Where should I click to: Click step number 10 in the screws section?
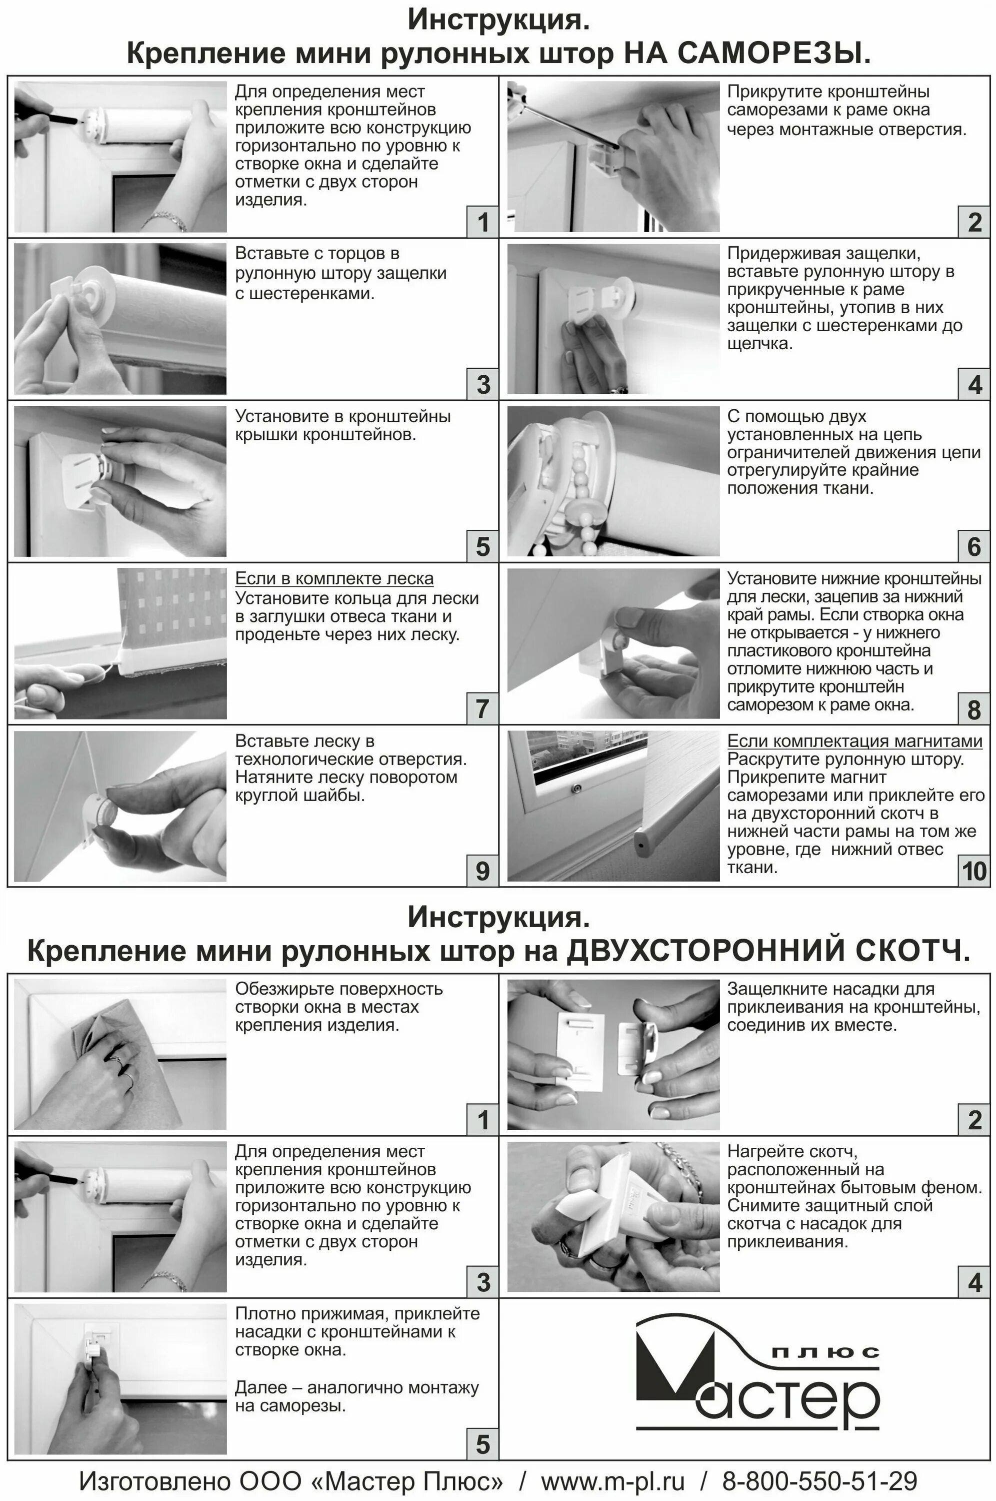(x=974, y=871)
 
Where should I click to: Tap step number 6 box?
(x=974, y=546)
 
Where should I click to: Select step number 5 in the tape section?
(x=483, y=1444)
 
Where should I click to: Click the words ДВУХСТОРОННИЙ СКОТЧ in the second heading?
(x=768, y=951)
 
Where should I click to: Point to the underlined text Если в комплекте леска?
(x=334, y=578)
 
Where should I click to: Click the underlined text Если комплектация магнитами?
(x=854, y=741)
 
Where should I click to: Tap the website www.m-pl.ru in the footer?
(x=612, y=1481)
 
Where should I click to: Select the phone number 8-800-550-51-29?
(x=819, y=1481)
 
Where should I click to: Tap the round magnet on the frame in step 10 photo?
(x=576, y=789)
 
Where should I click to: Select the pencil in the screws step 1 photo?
(x=47, y=115)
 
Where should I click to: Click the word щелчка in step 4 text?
(x=759, y=344)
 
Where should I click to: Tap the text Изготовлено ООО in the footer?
(x=190, y=1481)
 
